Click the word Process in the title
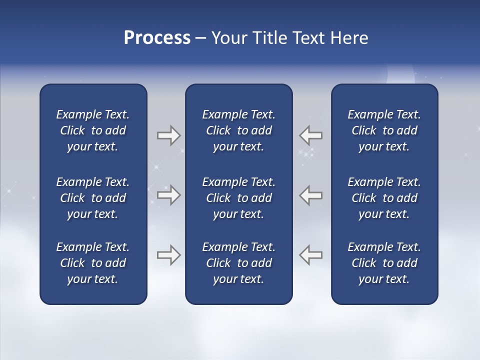click(x=157, y=38)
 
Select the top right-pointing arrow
click(x=168, y=135)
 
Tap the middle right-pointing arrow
click(x=168, y=195)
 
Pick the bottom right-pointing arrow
click(x=168, y=255)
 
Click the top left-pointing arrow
click(x=310, y=135)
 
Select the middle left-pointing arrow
click(x=310, y=195)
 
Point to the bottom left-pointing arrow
click(x=310, y=255)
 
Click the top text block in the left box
click(x=93, y=130)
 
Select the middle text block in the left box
click(x=93, y=198)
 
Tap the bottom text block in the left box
click(x=93, y=263)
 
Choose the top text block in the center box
click(x=238, y=130)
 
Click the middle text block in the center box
click(x=238, y=198)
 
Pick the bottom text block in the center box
click(x=238, y=263)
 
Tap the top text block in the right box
click(x=384, y=130)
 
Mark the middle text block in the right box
click(x=384, y=198)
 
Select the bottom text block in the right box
click(x=384, y=263)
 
